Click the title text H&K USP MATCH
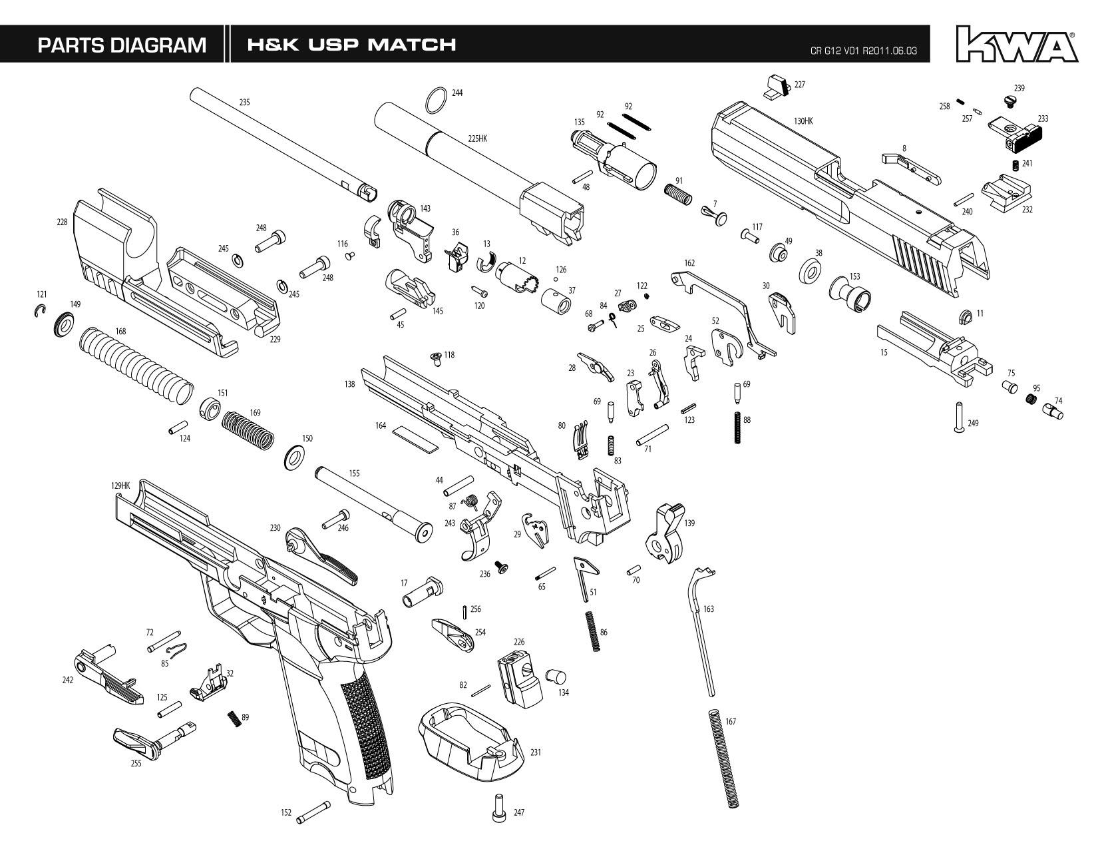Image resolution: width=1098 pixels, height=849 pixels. [351, 45]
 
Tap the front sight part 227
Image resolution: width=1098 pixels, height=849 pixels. [776, 87]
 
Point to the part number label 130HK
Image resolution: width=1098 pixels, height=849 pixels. [803, 121]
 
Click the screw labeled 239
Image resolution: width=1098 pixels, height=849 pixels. [1010, 100]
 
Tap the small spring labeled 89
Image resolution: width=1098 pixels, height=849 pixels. [234, 718]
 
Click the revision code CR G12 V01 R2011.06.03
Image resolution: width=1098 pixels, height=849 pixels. [863, 51]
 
